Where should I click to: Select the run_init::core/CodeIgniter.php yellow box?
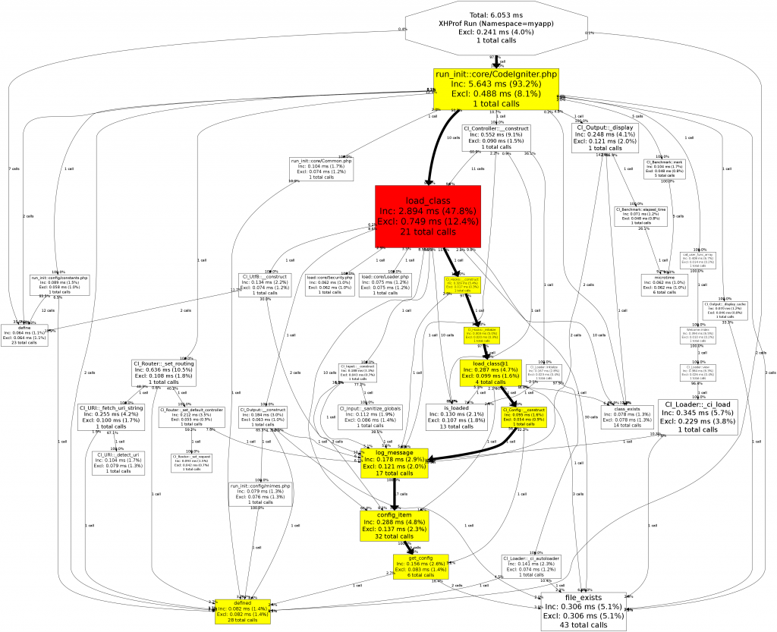[496, 88]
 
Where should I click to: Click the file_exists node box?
[584, 612]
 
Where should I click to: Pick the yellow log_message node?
[393, 463]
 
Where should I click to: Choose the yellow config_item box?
[395, 525]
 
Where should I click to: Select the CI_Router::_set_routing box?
[163, 373]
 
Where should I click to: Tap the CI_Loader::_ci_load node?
[697, 417]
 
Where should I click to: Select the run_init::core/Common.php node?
[321, 168]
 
